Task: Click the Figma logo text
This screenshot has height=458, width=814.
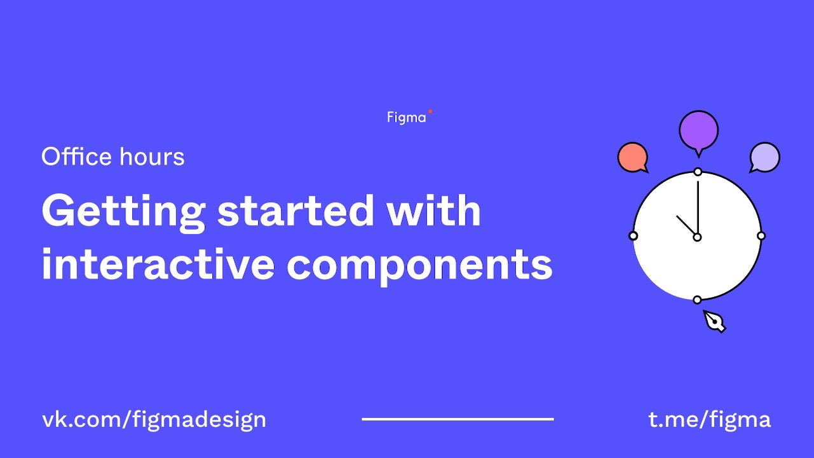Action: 406,118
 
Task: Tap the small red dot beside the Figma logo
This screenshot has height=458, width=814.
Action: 431,111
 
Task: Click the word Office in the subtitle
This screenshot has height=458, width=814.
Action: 76,156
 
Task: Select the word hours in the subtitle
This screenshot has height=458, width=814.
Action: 152,156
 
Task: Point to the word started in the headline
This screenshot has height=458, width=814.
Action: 296,211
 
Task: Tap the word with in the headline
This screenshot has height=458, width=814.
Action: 434,210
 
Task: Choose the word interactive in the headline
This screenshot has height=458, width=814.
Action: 158,263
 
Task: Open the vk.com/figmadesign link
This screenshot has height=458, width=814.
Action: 154,420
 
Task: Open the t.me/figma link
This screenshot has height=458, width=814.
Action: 709,420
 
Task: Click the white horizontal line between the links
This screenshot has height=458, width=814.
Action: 458,419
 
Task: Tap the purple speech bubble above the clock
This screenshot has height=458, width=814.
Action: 698,132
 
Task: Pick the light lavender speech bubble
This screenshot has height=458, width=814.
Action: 764,157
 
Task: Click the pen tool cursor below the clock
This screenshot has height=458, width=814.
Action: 714,321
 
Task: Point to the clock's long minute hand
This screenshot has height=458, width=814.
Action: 698,207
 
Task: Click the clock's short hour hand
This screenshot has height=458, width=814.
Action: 686,225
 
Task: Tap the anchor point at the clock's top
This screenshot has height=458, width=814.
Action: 698,172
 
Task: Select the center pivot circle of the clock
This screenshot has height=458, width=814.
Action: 698,237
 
